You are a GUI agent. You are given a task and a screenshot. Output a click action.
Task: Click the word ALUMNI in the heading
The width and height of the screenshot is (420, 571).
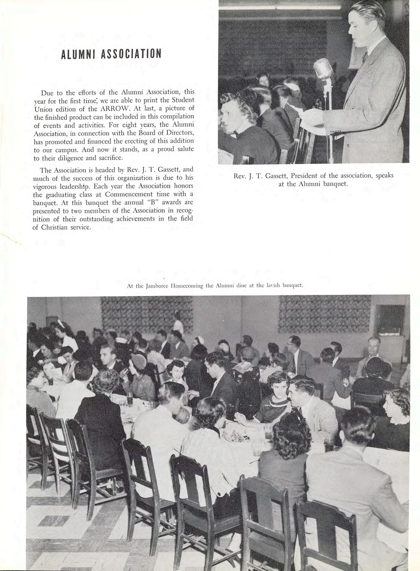(x=78, y=54)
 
